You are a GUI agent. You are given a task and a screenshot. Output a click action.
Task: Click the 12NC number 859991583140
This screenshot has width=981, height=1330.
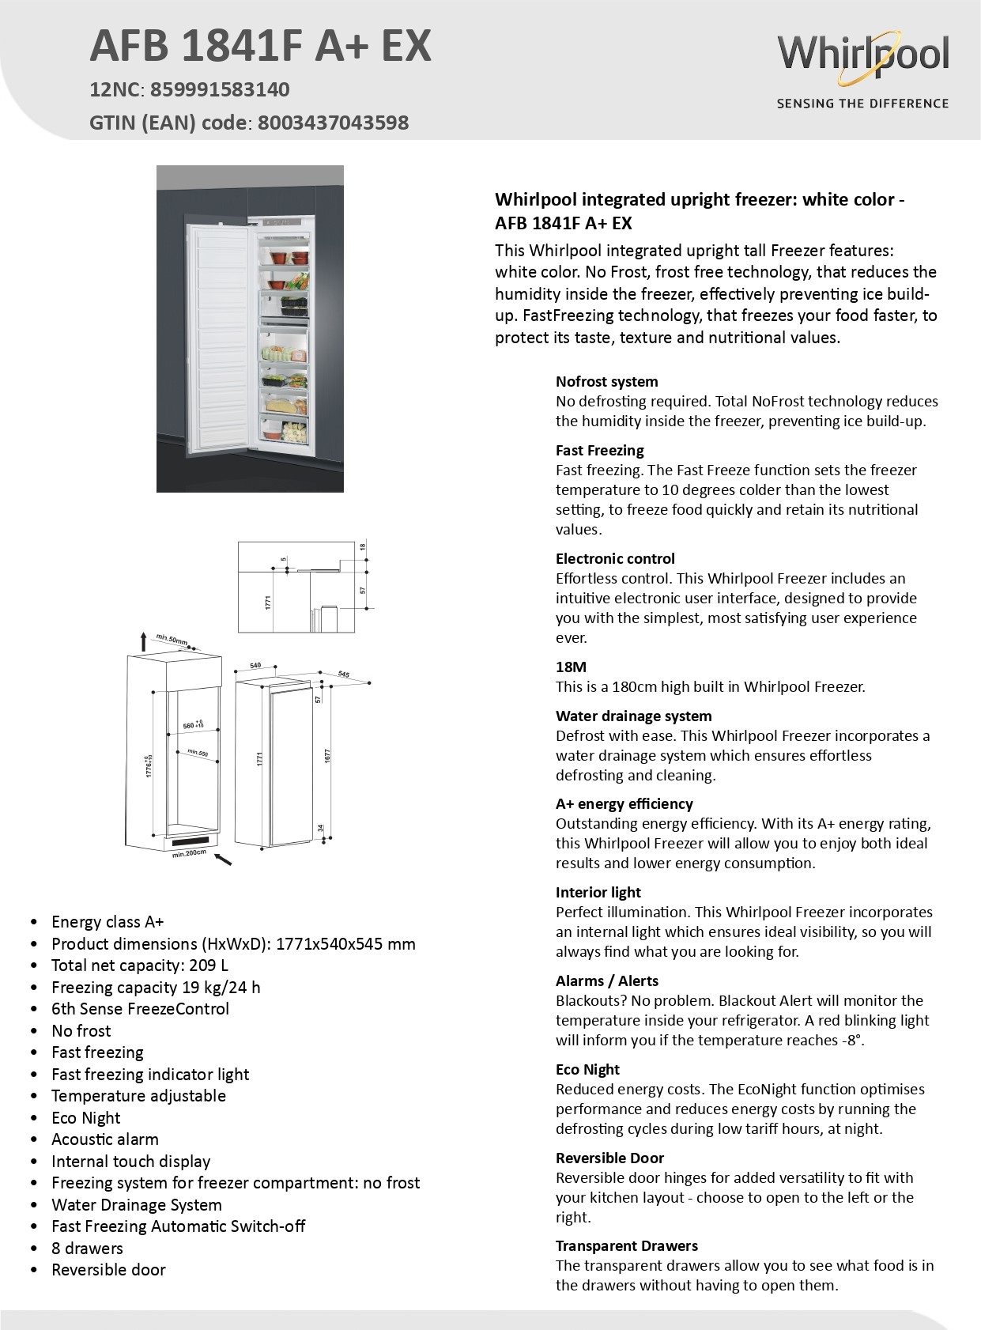tap(220, 89)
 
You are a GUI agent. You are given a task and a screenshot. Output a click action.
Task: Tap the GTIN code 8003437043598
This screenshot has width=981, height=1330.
tap(333, 123)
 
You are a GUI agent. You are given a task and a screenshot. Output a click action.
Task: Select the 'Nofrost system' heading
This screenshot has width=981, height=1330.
tap(606, 381)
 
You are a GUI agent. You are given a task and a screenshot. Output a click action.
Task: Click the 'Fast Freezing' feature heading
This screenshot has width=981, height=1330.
tap(599, 450)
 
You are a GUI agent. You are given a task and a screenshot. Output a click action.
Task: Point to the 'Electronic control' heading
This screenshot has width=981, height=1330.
tap(615, 558)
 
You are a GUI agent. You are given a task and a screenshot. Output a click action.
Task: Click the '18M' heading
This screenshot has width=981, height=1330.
tap(571, 667)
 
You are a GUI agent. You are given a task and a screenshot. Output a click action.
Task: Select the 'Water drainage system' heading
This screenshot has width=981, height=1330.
tap(633, 716)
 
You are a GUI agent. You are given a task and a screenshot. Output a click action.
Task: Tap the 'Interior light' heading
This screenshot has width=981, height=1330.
tap(598, 892)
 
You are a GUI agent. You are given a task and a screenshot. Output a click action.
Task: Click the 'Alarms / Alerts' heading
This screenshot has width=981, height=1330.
tap(606, 980)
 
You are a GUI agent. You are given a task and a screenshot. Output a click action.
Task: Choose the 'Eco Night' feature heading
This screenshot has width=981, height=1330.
tap(587, 1069)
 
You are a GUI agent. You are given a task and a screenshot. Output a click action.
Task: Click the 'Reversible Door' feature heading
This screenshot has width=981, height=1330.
tap(609, 1158)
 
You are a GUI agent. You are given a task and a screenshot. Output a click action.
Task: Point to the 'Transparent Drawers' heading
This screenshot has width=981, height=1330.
tap(626, 1245)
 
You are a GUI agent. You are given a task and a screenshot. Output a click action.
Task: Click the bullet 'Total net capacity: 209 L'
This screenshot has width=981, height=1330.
tap(140, 965)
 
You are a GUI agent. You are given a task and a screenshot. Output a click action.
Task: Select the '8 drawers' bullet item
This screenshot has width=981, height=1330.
tap(87, 1248)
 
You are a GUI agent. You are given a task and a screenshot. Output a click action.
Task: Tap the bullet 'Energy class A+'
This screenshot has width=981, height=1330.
tap(108, 921)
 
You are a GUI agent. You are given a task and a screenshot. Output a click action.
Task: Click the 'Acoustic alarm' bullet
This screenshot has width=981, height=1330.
tap(104, 1139)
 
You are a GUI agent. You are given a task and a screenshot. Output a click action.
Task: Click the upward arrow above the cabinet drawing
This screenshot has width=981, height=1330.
tap(143, 640)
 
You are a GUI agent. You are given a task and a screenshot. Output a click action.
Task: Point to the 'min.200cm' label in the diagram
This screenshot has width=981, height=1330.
tap(189, 853)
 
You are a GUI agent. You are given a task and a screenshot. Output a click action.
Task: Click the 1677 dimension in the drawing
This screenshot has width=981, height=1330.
tap(327, 756)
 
